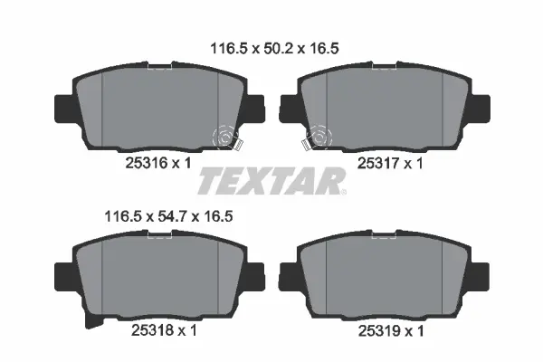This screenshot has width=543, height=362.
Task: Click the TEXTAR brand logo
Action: [271, 181]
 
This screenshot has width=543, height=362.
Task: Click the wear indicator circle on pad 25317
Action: [319, 137]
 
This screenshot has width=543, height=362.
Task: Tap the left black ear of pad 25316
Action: [63, 108]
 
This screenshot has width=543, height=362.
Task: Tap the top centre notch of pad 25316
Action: [160, 66]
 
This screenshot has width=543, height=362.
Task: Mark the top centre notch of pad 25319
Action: [380, 238]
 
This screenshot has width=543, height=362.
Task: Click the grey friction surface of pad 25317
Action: [380, 104]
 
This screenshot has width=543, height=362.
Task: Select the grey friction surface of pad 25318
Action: [160, 271]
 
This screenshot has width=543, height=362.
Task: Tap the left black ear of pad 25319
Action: [286, 273]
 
